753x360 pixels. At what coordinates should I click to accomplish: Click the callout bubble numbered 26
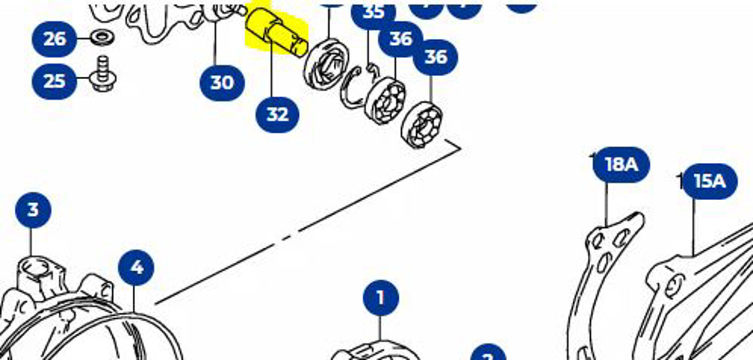[54, 39]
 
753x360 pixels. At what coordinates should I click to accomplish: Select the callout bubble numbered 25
[54, 81]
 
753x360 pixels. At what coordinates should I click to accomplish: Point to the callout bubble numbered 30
[222, 83]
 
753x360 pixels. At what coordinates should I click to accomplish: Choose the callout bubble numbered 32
[277, 114]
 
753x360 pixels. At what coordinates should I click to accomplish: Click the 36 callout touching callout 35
[400, 39]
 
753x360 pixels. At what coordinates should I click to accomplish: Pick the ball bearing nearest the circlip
[385, 100]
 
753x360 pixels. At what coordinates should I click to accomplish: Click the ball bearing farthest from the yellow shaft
[422, 124]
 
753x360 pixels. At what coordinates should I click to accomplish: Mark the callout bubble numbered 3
[33, 210]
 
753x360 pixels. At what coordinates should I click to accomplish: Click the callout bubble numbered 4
[137, 268]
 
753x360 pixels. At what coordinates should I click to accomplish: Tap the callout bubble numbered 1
[380, 297]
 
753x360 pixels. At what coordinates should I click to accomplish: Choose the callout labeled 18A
[621, 165]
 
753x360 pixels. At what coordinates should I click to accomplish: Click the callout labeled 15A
[709, 181]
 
